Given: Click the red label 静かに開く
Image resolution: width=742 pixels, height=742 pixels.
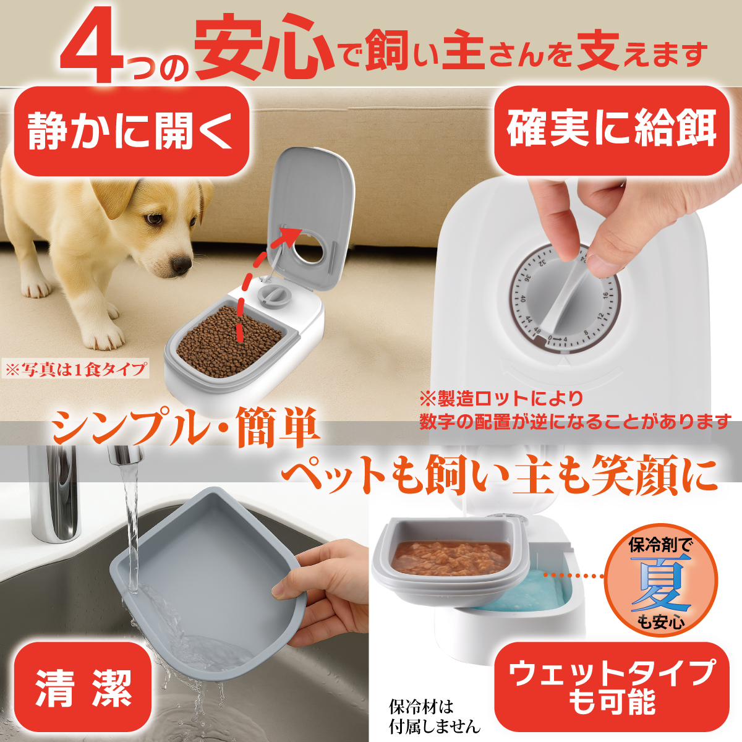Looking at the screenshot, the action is [131, 131].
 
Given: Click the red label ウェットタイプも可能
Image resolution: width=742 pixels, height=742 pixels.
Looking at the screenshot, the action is [612, 687].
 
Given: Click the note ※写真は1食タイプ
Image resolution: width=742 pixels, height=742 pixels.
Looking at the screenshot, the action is [75, 370].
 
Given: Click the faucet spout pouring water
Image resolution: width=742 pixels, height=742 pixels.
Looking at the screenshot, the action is [124, 458].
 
